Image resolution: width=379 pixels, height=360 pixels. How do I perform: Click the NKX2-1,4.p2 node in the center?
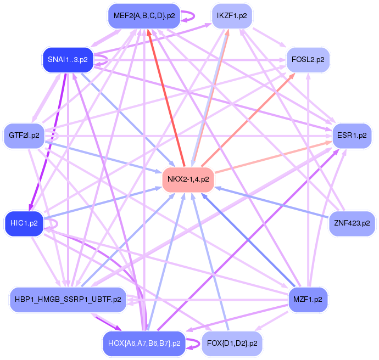(188, 179)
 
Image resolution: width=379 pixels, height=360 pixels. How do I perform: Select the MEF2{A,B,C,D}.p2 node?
(144, 16)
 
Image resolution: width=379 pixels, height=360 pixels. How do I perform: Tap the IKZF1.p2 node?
(232, 16)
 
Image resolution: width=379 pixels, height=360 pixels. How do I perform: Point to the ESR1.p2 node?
(352, 134)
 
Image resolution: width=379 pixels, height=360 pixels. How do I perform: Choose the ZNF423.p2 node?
(352, 223)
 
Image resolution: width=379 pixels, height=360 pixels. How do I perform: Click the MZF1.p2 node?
(308, 300)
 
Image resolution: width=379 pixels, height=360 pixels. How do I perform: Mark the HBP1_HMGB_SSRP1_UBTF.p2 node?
(68, 300)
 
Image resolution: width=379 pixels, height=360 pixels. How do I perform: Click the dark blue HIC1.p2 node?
(24, 223)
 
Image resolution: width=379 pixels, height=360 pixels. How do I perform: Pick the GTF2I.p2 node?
(24, 134)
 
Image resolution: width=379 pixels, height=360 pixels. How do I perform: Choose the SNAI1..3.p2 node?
(67, 59)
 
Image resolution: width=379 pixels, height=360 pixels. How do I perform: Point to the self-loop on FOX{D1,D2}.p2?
(193, 344)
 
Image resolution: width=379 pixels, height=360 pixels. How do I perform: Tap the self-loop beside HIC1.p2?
(53, 223)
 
